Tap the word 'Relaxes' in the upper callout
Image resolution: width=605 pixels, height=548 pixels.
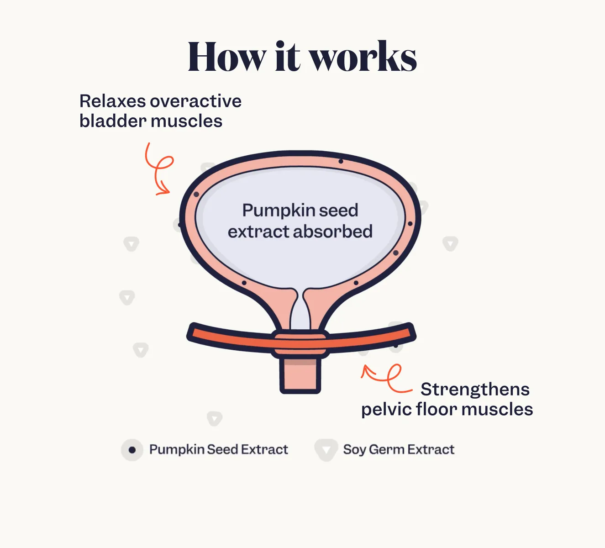click(x=112, y=101)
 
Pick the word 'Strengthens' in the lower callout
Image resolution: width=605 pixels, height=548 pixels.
click(x=475, y=390)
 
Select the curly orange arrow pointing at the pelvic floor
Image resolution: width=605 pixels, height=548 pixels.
click(x=386, y=377)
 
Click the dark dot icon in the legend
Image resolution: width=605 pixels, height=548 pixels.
click(x=132, y=450)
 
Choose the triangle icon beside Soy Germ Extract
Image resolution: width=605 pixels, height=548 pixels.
click(x=326, y=450)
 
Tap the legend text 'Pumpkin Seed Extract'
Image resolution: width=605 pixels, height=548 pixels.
click(x=219, y=450)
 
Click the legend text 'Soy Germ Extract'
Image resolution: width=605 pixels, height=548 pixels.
click(x=399, y=450)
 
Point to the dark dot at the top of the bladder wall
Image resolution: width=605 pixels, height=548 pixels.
click(x=341, y=161)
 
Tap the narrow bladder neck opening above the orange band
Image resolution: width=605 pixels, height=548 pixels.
click(x=300, y=311)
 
